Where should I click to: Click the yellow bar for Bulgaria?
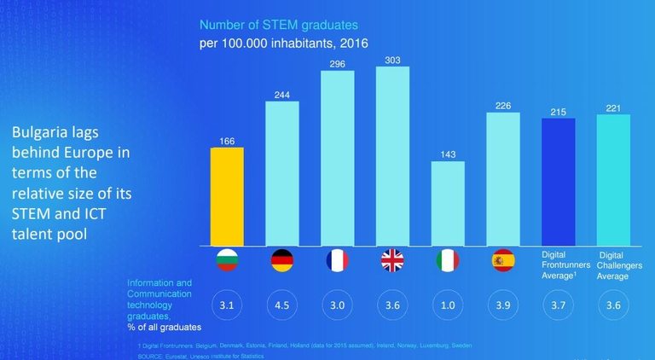[227, 196]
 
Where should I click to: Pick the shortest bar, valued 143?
[448, 203]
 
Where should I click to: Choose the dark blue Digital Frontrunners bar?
[559, 181]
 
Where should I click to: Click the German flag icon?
[282, 260]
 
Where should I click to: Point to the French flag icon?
[338, 260]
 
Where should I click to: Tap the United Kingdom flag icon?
[392, 260]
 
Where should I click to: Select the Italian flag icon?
[448, 260]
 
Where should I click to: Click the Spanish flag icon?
[503, 260]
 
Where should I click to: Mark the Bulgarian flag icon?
[228, 260]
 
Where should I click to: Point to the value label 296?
[338, 63]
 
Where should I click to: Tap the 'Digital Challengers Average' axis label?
[613, 264]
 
